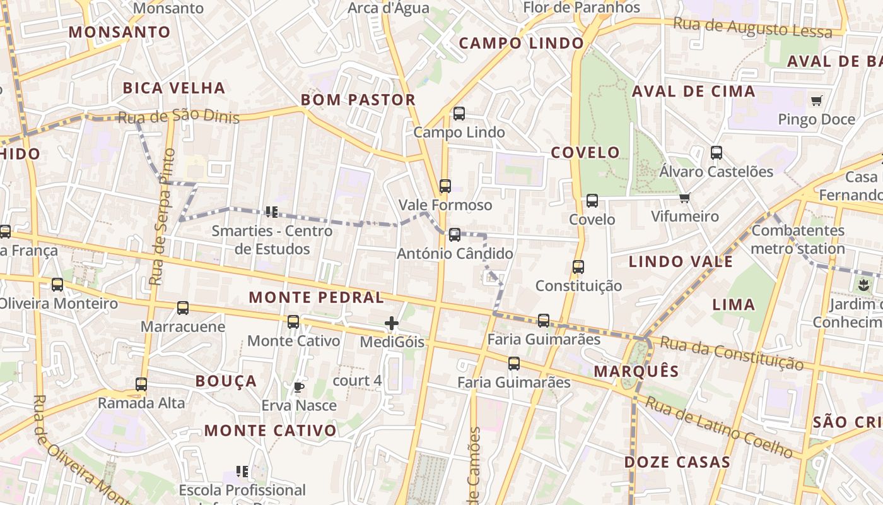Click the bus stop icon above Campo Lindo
[x=459, y=114]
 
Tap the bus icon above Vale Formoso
[x=445, y=186]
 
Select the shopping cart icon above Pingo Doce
[x=817, y=100]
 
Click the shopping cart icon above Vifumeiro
[x=685, y=198]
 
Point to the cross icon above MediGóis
[x=392, y=324]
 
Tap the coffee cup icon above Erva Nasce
[x=299, y=386]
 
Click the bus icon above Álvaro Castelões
[x=716, y=153]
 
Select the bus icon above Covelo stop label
[x=592, y=201]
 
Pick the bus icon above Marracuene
[x=183, y=308]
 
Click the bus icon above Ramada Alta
[x=141, y=384]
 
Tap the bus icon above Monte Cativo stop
[x=293, y=322]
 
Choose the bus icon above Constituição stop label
[x=578, y=267]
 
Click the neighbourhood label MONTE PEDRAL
[x=316, y=297]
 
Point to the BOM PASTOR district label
[x=358, y=100]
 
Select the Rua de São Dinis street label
[x=178, y=117]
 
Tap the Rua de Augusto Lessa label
[x=752, y=28]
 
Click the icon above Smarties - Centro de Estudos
[x=272, y=211]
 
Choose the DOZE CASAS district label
[x=677, y=462]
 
